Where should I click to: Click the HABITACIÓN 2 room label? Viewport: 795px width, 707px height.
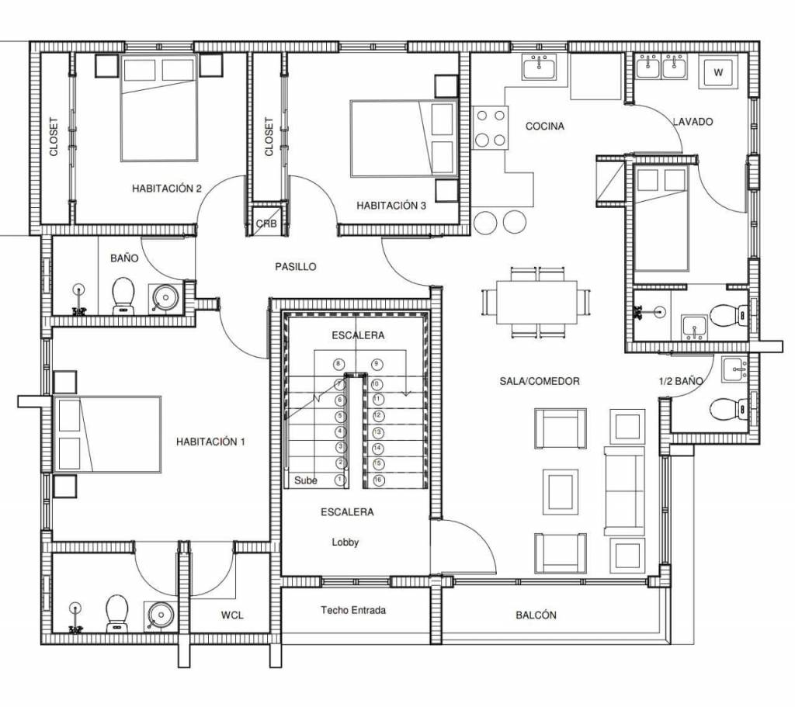[x=167, y=189]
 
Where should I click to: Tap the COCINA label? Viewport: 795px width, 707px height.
[x=544, y=126]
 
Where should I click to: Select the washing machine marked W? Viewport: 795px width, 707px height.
[x=718, y=72]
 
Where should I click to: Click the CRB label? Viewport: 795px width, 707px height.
[x=266, y=224]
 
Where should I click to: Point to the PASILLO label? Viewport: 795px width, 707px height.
[x=296, y=267]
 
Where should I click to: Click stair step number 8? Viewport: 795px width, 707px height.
[x=338, y=364]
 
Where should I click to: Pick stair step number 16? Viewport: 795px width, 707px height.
[x=377, y=480]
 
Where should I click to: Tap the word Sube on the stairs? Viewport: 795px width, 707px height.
[x=306, y=480]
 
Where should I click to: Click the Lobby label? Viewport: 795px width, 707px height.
[x=345, y=542]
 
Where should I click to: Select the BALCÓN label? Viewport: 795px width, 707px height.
[x=536, y=615]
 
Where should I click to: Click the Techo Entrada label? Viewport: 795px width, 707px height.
[x=353, y=610]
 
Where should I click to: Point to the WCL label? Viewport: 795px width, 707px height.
[x=232, y=615]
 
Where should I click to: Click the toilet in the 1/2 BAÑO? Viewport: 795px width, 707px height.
[x=728, y=409]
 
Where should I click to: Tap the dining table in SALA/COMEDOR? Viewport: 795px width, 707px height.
[x=536, y=303]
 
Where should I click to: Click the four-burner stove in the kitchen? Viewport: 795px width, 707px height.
[x=491, y=127]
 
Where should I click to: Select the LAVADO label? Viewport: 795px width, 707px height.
[x=693, y=122]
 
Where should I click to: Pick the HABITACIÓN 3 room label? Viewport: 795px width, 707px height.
[x=391, y=205]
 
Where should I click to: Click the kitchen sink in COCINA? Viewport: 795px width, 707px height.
[x=540, y=67]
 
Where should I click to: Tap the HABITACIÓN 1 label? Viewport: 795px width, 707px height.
[x=210, y=442]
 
